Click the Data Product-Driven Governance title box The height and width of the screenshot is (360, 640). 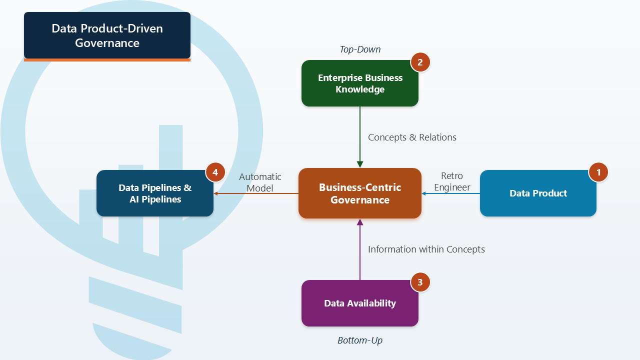(x=107, y=35)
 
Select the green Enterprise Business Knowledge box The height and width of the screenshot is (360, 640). (x=360, y=83)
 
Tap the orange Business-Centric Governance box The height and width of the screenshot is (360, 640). (x=360, y=193)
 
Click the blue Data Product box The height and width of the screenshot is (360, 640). (x=538, y=193)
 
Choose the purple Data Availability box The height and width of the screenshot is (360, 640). (x=360, y=303)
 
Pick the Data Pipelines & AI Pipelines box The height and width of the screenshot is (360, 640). (x=155, y=193)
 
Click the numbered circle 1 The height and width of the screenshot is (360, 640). (x=598, y=172)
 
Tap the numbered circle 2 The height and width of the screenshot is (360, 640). (x=420, y=62)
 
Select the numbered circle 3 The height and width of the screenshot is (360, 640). (x=420, y=282)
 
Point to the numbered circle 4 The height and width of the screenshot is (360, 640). (x=215, y=172)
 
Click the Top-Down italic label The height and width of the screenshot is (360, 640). (x=360, y=49)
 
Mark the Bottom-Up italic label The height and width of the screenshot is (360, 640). (x=360, y=340)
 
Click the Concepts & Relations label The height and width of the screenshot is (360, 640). (x=412, y=137)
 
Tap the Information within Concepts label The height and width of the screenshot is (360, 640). (x=426, y=249)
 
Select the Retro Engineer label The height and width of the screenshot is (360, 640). (x=452, y=181)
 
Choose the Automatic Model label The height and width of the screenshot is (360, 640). (x=260, y=182)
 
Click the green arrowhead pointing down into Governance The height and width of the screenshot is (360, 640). (x=360, y=164)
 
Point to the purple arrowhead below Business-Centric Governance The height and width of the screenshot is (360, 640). (x=360, y=222)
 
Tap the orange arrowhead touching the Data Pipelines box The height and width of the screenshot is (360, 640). (x=216, y=193)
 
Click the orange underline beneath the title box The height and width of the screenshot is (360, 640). (x=107, y=60)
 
